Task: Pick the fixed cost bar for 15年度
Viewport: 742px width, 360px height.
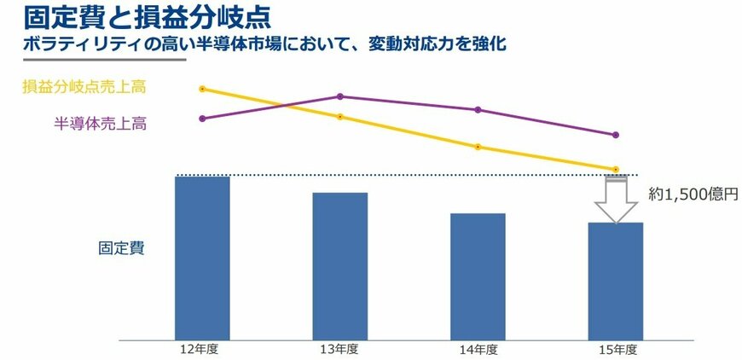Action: (616, 281)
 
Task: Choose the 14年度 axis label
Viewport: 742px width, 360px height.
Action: (479, 351)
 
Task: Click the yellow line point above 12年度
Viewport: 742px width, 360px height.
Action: (202, 89)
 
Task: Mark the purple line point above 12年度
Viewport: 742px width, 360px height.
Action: (202, 119)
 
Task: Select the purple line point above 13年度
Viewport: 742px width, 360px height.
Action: (340, 96)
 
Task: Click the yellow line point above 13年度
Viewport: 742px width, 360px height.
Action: (340, 117)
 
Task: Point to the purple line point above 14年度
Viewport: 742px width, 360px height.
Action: (478, 110)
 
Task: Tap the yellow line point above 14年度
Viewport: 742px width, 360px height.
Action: (478, 147)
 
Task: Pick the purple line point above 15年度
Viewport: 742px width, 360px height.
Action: (616, 135)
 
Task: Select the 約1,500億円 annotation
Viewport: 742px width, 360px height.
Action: (693, 195)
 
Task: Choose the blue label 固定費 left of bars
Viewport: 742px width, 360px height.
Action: (121, 249)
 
